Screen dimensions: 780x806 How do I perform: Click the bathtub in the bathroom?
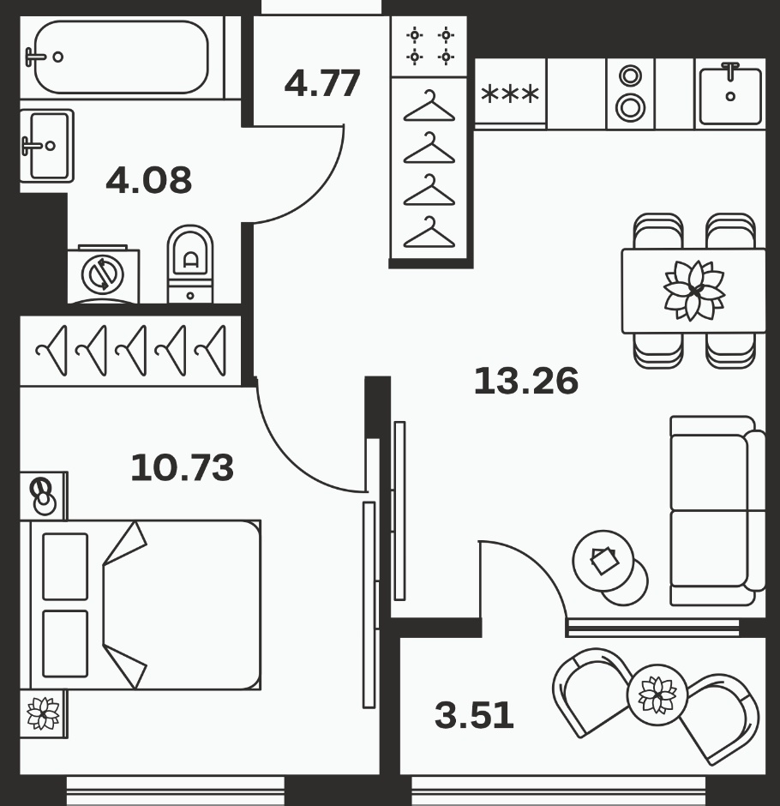[x=121, y=57]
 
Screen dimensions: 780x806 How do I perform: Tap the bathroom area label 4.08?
[x=148, y=180]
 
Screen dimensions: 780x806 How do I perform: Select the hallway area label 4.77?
[x=322, y=84]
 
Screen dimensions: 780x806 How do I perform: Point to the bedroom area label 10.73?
[x=182, y=468]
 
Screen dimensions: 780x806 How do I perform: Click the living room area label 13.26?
[x=525, y=382]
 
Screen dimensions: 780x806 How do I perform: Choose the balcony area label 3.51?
[x=474, y=715]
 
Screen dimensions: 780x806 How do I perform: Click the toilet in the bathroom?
[x=190, y=264]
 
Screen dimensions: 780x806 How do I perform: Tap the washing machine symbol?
[x=103, y=274]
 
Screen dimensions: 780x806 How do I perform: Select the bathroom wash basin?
[x=46, y=146]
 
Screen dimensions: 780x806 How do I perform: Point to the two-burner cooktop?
[x=631, y=93]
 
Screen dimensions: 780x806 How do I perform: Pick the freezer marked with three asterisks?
[x=510, y=93]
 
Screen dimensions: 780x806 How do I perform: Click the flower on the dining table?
[x=693, y=291]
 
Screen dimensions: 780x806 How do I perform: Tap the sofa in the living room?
[x=717, y=510]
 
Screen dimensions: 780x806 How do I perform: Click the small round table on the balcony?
[x=657, y=695]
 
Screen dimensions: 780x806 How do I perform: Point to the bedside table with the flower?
[x=44, y=713]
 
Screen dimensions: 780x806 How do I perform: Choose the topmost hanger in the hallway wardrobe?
[x=429, y=105]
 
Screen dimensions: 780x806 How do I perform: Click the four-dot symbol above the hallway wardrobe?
[x=430, y=45]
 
